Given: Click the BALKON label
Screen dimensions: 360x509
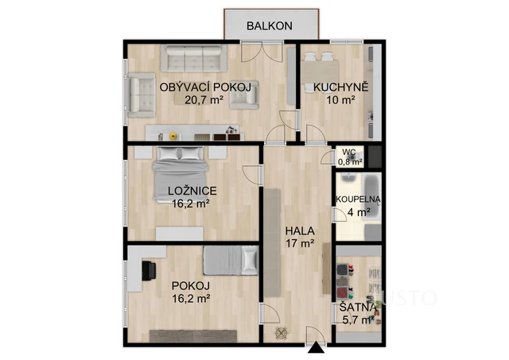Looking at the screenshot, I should coord(269,25).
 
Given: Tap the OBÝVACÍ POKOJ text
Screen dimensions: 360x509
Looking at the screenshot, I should coord(205,87).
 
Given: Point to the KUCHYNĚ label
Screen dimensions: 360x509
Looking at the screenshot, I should coord(340,87).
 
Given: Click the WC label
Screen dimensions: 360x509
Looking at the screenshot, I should coord(349,152).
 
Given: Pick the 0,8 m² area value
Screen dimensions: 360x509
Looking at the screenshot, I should coord(350,162).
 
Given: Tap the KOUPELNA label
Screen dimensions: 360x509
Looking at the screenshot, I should coord(358,199).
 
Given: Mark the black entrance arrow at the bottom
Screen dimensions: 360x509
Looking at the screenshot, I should coord(317,348).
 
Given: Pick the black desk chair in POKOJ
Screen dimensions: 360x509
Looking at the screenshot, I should coord(148,270).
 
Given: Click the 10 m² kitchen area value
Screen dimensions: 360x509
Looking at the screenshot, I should coord(339,100).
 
